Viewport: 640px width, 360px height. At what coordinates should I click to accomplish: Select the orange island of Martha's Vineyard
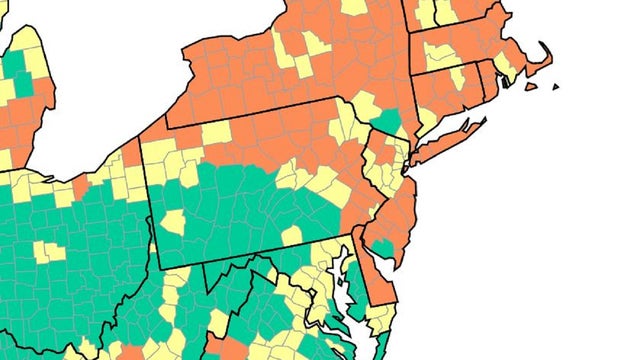(528, 86)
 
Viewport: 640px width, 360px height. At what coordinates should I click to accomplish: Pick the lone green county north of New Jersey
(386, 123)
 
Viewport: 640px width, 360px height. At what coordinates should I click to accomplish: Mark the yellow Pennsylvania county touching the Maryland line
(292, 236)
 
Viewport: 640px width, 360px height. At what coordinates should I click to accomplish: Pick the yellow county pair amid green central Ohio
(48, 250)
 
